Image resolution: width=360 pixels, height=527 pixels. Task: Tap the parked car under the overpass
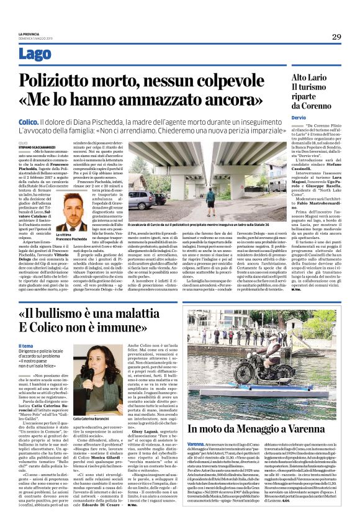[x=142, y=200]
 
